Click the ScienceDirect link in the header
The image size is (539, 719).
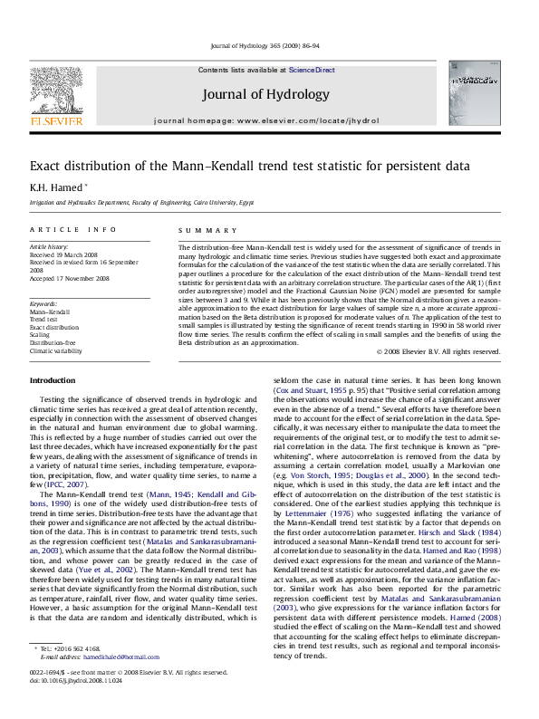pos(312,70)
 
